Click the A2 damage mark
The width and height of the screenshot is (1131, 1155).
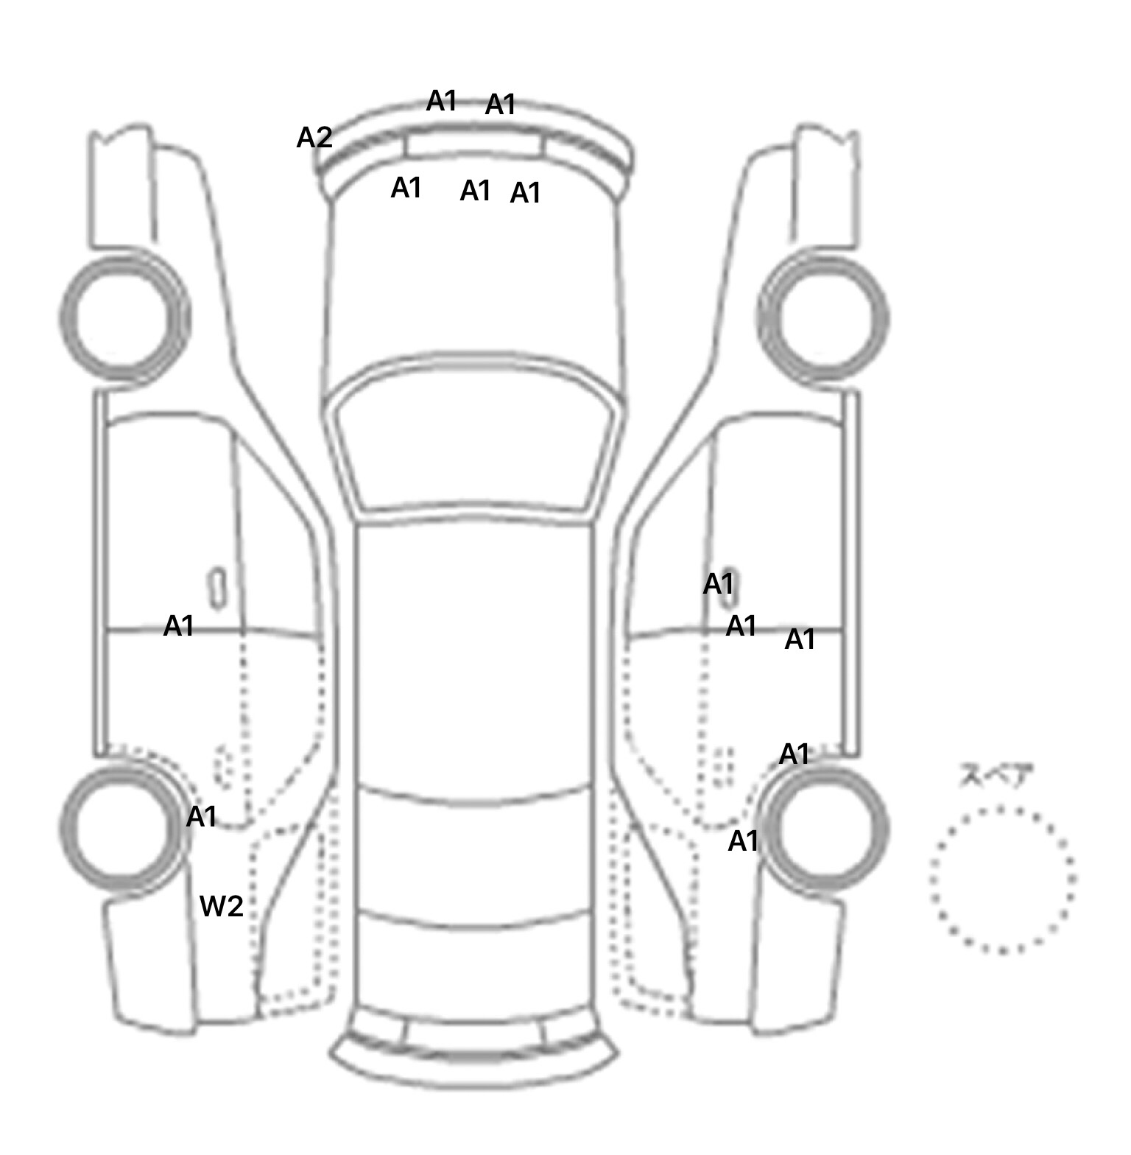pos(314,138)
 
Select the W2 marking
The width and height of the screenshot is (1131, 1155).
pos(222,906)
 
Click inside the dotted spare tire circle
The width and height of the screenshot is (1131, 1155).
pos(1002,880)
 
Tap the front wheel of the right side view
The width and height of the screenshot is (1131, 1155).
pos(824,318)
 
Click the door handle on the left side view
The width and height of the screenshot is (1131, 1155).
pos(217,589)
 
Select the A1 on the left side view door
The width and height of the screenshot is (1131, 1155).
pos(179,626)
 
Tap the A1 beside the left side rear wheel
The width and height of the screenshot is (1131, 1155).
pos(202,816)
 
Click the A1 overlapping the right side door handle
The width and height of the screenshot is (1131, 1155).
pos(719,584)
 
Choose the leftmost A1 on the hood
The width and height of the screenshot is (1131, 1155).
pos(406,188)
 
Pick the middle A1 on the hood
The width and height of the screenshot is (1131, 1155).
pos(476,191)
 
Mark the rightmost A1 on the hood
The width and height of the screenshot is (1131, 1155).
pos(526,193)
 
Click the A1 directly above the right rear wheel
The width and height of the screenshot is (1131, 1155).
pos(794,754)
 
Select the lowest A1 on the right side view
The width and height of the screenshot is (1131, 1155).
pos(743,840)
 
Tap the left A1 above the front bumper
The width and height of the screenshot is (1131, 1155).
pos(442,101)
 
